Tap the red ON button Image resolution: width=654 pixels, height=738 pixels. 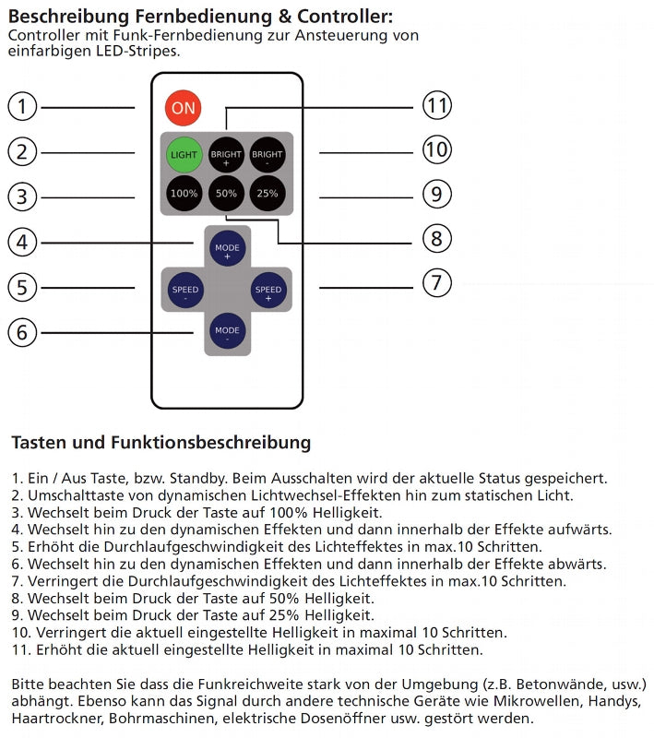184,108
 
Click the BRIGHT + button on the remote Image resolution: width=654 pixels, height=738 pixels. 226,154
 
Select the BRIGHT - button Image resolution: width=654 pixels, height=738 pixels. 268,154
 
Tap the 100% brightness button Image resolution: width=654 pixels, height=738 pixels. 184,194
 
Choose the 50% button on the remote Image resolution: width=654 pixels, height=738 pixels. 226,194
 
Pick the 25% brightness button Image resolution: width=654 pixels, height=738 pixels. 268,194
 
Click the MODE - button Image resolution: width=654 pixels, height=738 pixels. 227,329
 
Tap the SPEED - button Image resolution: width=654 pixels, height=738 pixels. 184,290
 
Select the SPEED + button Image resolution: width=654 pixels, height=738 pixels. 268,290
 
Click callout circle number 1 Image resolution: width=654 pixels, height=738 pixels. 22,106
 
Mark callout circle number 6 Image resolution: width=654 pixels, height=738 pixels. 22,332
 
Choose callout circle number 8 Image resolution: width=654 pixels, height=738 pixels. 436,239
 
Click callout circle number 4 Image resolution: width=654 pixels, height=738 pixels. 22,243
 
